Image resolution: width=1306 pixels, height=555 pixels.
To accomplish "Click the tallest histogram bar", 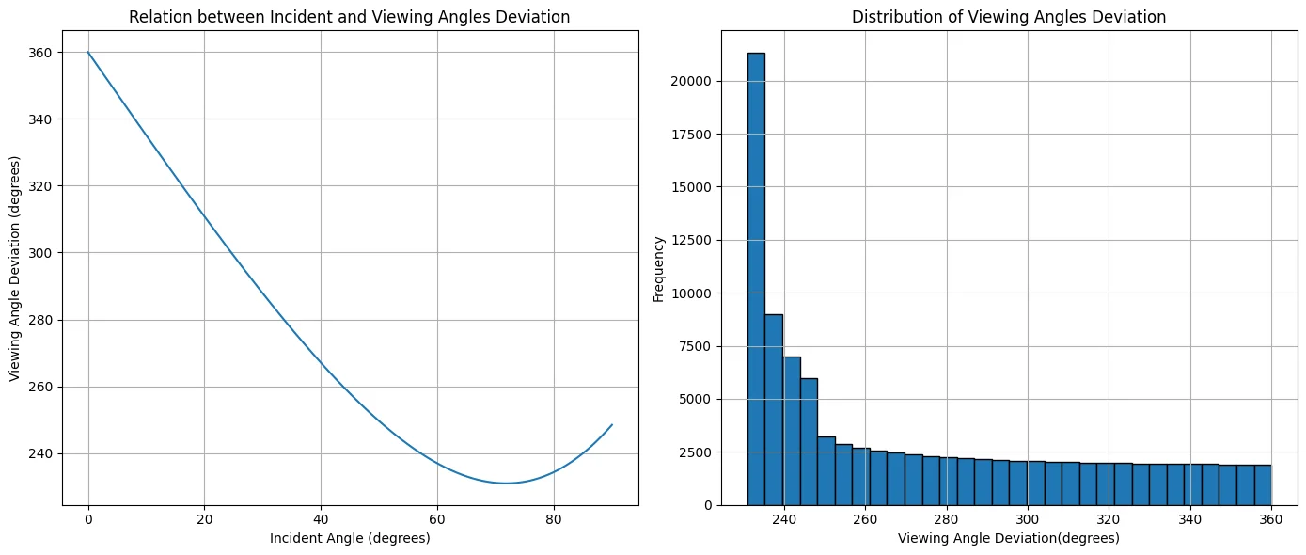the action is click(x=756, y=279).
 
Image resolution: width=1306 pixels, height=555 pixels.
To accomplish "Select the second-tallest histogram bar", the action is click(x=774, y=410).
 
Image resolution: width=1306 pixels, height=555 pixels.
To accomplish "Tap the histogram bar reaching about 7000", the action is click(x=791, y=431).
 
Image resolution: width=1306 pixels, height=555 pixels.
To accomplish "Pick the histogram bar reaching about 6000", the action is click(x=809, y=442).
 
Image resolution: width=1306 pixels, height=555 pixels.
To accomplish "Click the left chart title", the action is click(x=349, y=17).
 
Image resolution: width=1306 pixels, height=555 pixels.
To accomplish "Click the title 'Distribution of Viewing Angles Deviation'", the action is click(x=1009, y=17).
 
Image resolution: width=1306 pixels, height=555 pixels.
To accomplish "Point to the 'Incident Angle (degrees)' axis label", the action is click(x=350, y=538).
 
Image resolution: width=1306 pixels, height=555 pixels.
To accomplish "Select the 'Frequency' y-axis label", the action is click(x=658, y=269).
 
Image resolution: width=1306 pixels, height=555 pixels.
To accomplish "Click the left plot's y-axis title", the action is click(x=15, y=268).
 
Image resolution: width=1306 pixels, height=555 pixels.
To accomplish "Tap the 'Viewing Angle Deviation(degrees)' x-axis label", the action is click(x=1009, y=538).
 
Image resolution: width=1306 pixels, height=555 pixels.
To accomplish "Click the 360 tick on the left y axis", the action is click(x=39, y=53).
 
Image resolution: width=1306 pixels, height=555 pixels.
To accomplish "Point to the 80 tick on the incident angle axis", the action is click(x=554, y=519).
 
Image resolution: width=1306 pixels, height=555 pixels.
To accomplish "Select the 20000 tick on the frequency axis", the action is click(x=691, y=81).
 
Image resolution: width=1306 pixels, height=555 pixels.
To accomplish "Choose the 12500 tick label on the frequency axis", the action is click(x=691, y=240).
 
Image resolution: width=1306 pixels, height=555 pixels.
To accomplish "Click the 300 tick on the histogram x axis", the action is click(x=1028, y=519).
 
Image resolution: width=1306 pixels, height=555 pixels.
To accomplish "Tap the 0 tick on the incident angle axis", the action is click(x=88, y=519).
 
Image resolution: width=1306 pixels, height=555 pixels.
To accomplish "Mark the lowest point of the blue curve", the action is click(x=506, y=484).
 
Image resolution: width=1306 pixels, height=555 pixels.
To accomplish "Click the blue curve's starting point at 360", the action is click(x=88, y=53).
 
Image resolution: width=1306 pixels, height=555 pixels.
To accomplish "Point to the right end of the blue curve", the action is click(x=612, y=425).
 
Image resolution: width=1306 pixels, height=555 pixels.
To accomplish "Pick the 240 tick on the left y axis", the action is click(x=39, y=454).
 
